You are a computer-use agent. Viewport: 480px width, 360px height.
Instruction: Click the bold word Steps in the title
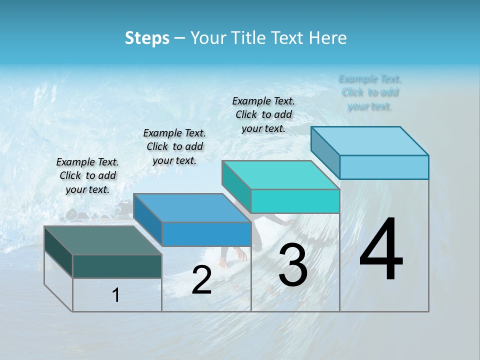click(147, 38)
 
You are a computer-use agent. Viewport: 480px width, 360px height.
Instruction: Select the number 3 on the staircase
click(293, 265)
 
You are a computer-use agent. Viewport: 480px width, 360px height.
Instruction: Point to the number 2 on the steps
click(201, 280)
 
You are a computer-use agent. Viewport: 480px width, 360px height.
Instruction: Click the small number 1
click(116, 295)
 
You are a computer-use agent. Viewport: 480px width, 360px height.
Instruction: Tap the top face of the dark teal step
click(103, 240)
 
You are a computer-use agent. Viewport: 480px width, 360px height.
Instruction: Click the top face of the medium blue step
click(192, 208)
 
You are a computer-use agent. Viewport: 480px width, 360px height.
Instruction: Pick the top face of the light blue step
click(370, 141)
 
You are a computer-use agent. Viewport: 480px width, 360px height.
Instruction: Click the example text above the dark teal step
click(87, 175)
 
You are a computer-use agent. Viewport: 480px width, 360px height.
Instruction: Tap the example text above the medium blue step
click(174, 146)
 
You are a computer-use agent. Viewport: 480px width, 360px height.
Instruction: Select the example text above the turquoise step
click(263, 114)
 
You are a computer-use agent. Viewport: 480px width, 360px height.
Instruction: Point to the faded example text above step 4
click(370, 92)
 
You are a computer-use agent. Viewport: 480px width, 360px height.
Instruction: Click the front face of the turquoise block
click(295, 201)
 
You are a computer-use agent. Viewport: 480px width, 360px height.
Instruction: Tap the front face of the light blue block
click(384, 167)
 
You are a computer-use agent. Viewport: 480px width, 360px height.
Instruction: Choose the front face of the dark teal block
click(117, 266)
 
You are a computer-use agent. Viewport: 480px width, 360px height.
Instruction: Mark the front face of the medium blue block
click(206, 234)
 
